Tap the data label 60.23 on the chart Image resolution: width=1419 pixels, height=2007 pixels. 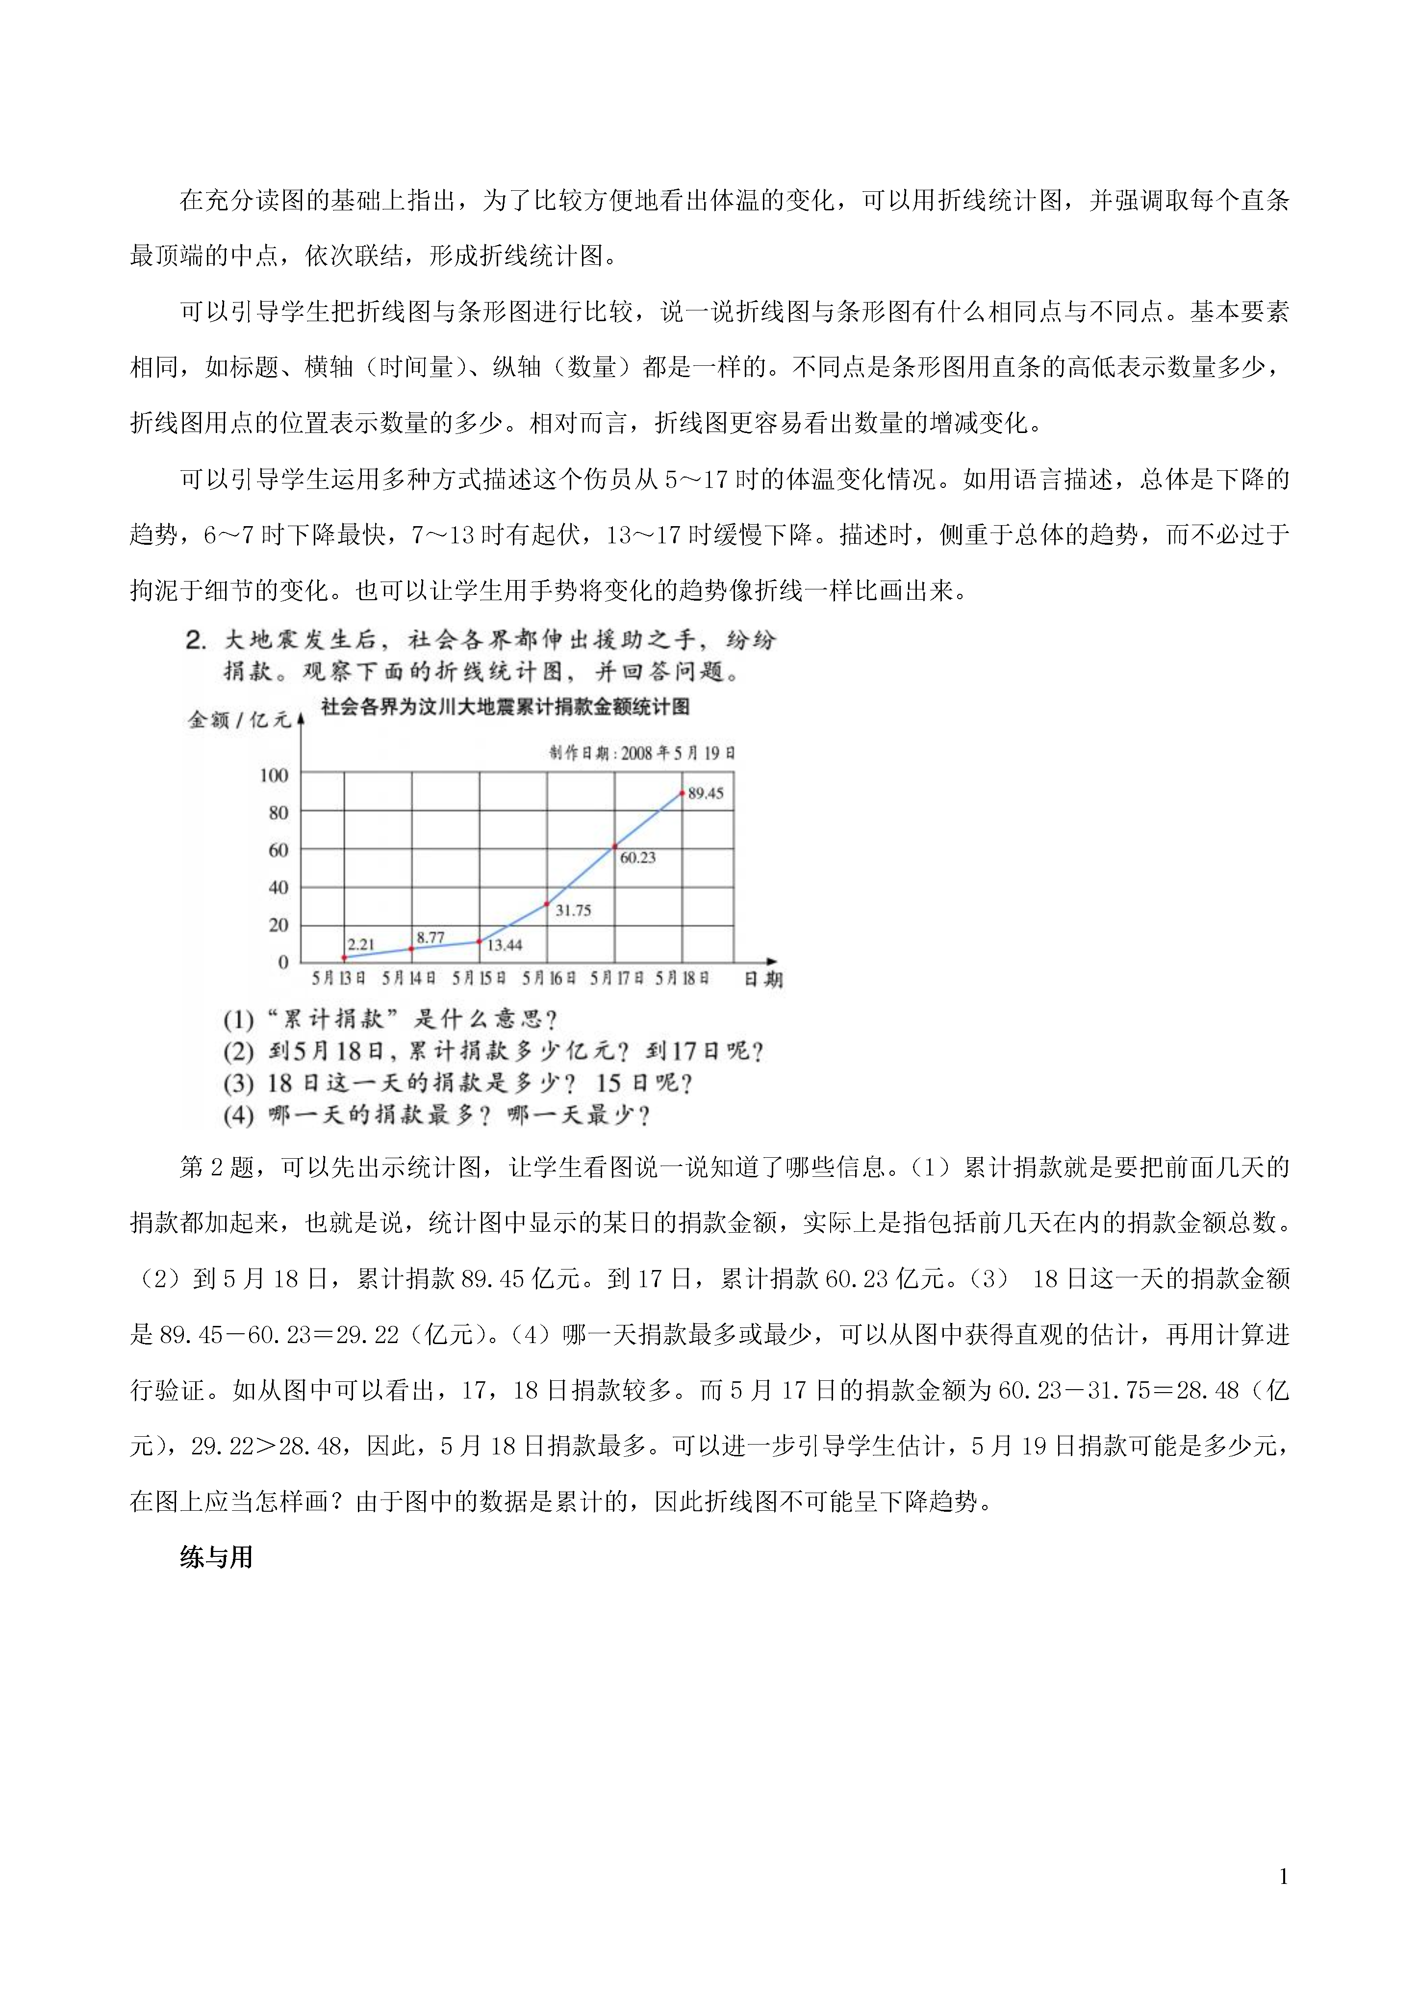(637, 858)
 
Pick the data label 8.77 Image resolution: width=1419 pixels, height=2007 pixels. (430, 937)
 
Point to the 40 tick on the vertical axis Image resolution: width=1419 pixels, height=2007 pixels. (278, 887)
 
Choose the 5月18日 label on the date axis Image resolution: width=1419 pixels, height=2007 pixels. (682, 978)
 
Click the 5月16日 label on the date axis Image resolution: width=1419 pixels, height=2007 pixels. (548, 978)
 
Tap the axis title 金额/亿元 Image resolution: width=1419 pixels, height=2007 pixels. (239, 719)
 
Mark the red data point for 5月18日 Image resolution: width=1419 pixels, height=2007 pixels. (682, 793)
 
